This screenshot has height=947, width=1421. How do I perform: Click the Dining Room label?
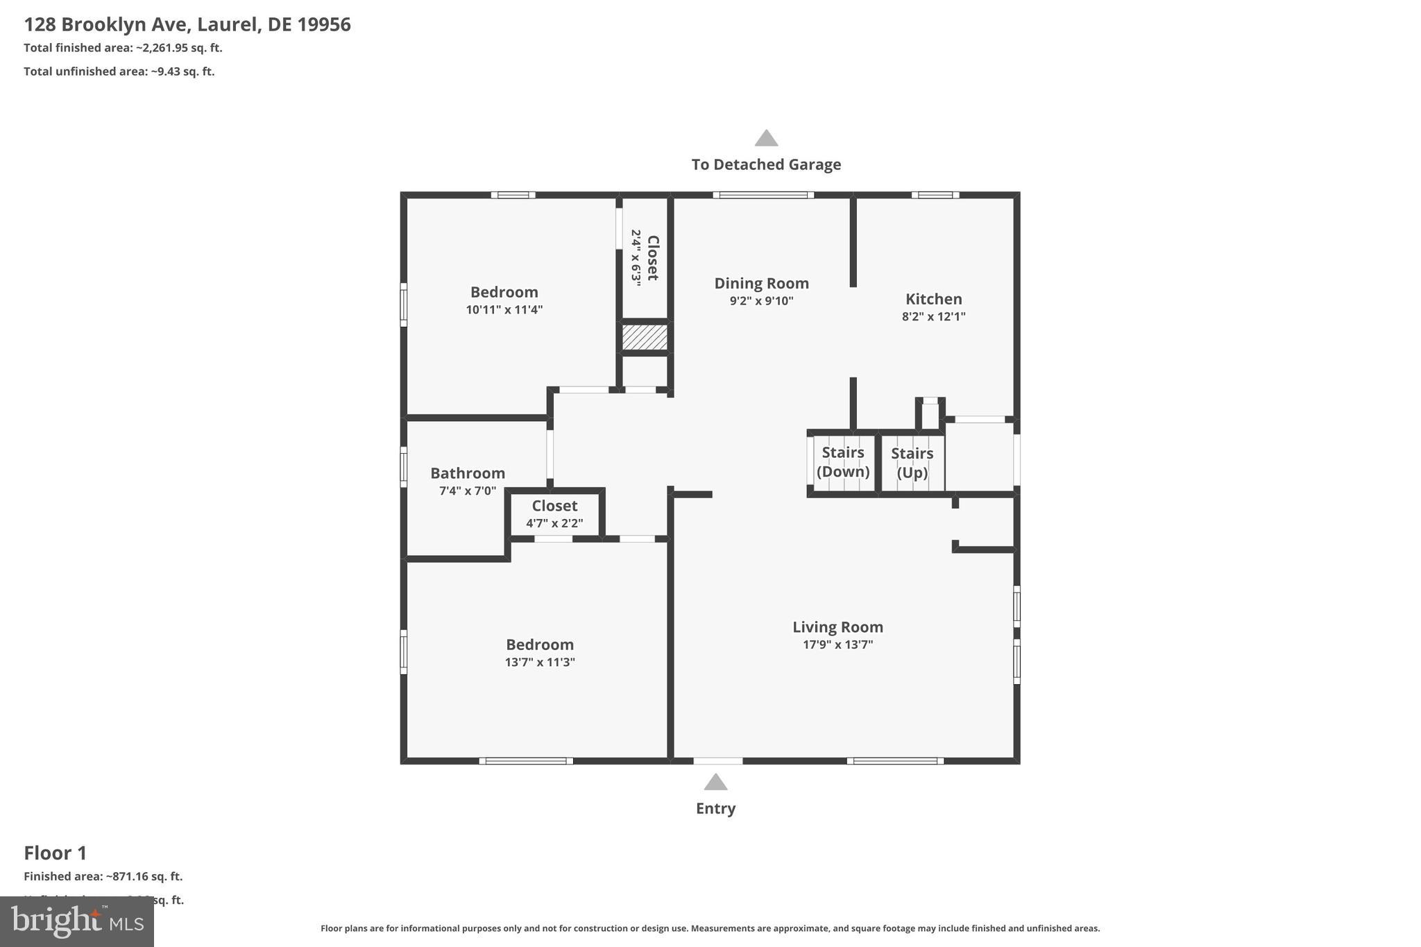(761, 283)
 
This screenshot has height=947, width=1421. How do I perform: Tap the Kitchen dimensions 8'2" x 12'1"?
(933, 316)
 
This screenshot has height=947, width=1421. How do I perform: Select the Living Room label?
(837, 627)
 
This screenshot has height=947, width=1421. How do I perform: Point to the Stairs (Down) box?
(843, 463)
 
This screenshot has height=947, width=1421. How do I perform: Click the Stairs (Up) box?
(912, 463)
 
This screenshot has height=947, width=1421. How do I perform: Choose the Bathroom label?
(468, 473)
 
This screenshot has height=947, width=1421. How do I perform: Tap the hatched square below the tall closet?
(645, 338)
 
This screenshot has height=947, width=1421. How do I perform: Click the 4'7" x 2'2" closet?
(554, 514)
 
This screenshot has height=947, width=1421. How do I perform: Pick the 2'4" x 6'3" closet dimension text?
(636, 257)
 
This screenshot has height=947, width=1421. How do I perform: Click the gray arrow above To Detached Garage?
(766, 138)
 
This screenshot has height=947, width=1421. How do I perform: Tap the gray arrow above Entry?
(715, 783)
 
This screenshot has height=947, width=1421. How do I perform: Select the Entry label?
(715, 808)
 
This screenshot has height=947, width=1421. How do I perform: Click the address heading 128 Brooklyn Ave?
(187, 25)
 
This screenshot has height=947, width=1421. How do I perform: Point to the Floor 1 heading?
(56, 853)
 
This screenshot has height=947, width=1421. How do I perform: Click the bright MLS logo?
(77, 921)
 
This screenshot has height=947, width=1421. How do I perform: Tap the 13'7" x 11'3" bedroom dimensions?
(540, 662)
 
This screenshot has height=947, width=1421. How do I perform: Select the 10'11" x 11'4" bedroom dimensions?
(504, 309)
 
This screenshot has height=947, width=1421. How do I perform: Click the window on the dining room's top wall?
(763, 195)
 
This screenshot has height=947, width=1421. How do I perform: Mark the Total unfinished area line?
(119, 71)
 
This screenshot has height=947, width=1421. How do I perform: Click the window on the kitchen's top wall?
(935, 195)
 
